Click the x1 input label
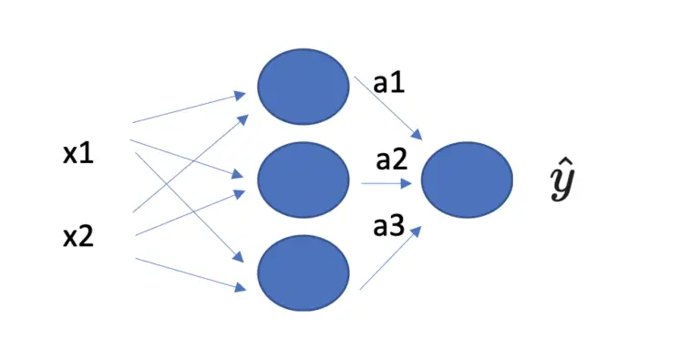click(77, 154)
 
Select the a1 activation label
click(389, 85)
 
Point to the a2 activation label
click(391, 160)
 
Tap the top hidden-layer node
click(303, 86)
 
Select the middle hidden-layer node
click(303, 179)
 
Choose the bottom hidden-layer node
click(303, 271)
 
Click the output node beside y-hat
click(468, 180)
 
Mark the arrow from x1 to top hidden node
click(187, 107)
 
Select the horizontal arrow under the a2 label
click(388, 183)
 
